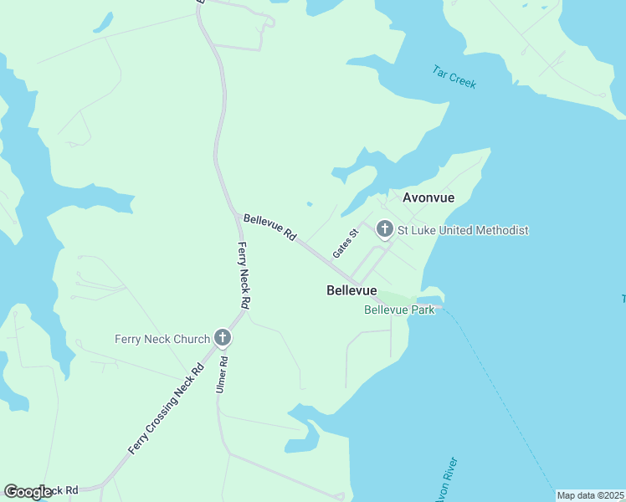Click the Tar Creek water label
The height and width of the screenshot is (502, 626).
(x=454, y=76)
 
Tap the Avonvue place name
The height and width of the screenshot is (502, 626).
(x=428, y=198)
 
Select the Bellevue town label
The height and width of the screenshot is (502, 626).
(x=351, y=289)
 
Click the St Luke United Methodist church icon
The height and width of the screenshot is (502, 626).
(x=385, y=228)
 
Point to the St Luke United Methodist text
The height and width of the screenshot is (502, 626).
(x=463, y=229)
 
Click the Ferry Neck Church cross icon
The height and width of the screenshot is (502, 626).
(x=223, y=338)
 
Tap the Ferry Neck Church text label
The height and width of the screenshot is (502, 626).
(x=162, y=339)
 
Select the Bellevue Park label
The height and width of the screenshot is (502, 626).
(x=399, y=310)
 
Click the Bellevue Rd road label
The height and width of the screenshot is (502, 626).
(x=269, y=228)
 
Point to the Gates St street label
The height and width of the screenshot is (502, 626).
(x=345, y=243)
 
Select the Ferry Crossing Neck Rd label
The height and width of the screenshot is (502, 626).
(x=167, y=409)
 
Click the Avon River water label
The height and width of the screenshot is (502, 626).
(x=444, y=480)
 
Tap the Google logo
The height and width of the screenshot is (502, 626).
(x=28, y=492)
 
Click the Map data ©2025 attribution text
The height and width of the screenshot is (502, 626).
(x=590, y=495)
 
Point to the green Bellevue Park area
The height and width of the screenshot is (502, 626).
(x=398, y=299)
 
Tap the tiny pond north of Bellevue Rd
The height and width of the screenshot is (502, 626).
(x=310, y=203)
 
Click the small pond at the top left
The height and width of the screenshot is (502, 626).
(x=103, y=23)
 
